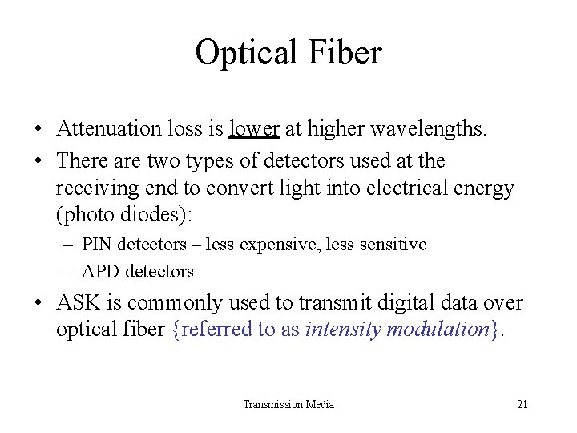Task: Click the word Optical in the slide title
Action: [246, 54]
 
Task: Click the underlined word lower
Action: [254, 129]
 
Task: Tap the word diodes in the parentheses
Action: [157, 215]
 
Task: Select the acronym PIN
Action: [98, 244]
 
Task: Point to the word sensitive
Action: [393, 244]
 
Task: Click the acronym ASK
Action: [79, 303]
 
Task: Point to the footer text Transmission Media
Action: [288, 404]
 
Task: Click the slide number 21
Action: [522, 404]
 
